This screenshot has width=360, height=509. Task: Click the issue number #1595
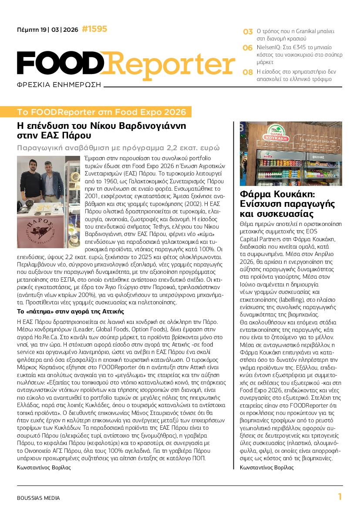click(94, 29)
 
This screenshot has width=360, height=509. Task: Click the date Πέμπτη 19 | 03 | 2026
click(47, 30)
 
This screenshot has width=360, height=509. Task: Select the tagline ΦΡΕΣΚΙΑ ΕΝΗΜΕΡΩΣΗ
click(58, 84)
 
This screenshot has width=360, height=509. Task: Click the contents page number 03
click(248, 32)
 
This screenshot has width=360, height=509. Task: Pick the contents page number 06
click(248, 48)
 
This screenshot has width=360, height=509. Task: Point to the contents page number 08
click(248, 72)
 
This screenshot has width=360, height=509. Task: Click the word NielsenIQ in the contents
click(269, 47)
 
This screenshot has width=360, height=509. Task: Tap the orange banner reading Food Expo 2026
click(104, 112)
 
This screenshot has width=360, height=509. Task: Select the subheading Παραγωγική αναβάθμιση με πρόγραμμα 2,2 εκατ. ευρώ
click(118, 148)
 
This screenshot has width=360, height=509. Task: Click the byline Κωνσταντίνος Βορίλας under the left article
click(44, 467)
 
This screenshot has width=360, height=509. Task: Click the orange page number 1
click(340, 496)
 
